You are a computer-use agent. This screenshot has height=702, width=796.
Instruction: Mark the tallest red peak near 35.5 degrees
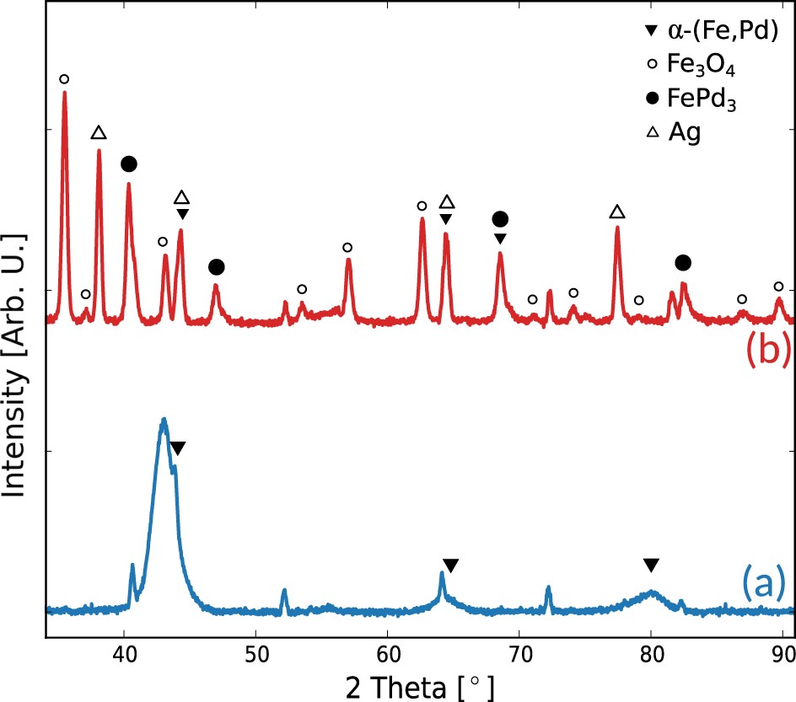point(65,93)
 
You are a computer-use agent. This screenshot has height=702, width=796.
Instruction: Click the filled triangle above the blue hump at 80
point(650,565)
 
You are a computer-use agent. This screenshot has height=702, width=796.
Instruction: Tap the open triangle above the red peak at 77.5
point(617,212)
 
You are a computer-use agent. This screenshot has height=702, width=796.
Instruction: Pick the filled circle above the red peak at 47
point(217,267)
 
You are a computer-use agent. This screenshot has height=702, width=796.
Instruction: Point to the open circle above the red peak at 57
point(347,248)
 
